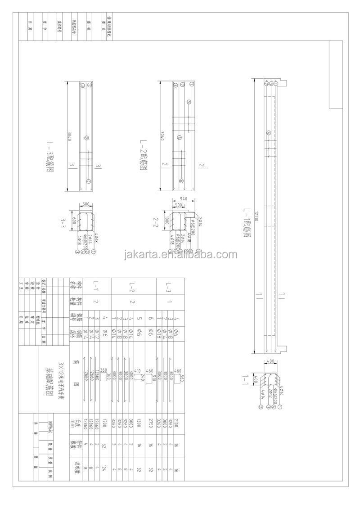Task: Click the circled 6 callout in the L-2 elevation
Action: coord(181,180)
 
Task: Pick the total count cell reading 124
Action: coord(104,468)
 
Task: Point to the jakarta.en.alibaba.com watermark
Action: coord(180,255)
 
